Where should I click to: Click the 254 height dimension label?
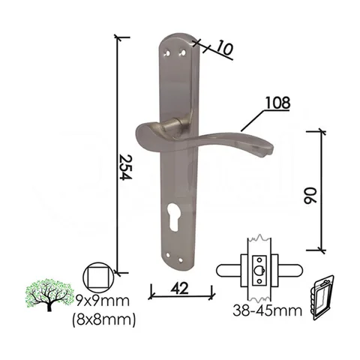click(x=126, y=167)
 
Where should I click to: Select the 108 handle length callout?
click(x=277, y=103)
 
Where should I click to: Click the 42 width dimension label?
click(x=179, y=289)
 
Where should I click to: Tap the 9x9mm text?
click(x=103, y=301)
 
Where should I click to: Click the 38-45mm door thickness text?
click(x=267, y=310)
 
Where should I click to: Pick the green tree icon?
click(x=49, y=295)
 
